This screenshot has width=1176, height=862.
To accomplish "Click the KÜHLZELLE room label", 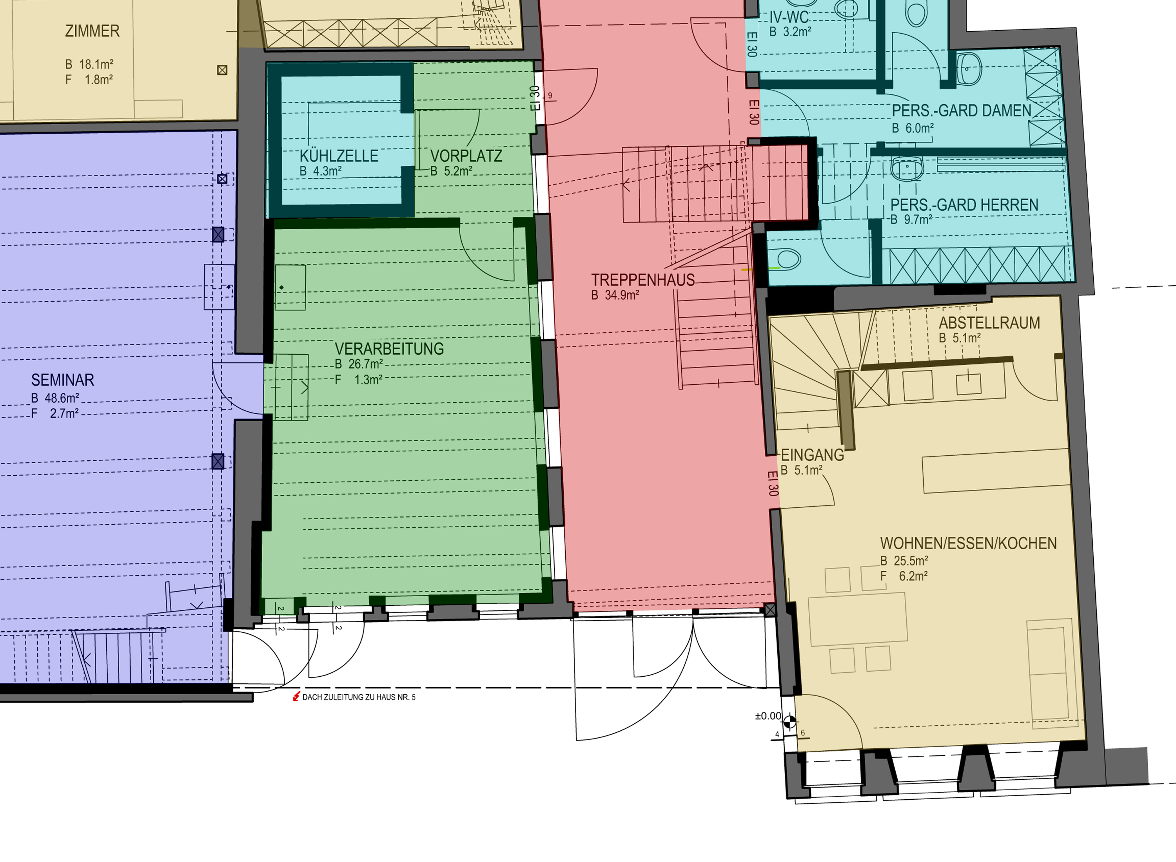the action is pyautogui.click(x=339, y=156).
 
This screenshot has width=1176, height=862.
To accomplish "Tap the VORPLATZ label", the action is pyautogui.click(x=466, y=156).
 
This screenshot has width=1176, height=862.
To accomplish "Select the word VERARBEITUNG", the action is pyautogui.click(x=389, y=349).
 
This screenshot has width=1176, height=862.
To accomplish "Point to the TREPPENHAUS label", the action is pyautogui.click(x=642, y=280).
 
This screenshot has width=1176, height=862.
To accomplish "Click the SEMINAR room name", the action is pyautogui.click(x=63, y=380).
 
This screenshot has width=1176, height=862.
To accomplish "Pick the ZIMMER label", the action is pyautogui.click(x=93, y=31).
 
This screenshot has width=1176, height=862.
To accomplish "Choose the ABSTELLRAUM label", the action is pyautogui.click(x=989, y=323).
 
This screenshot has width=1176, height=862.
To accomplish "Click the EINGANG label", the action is pyautogui.click(x=812, y=455).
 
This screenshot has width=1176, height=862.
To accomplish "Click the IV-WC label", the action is pyautogui.click(x=789, y=17).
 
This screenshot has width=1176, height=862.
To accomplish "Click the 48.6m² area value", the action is pyautogui.click(x=62, y=398).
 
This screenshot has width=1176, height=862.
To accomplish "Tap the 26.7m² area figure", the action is pyautogui.click(x=365, y=364).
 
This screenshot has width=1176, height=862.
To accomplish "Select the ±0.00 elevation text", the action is pyautogui.click(x=768, y=716).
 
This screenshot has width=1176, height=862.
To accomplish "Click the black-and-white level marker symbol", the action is pyautogui.click(x=790, y=722).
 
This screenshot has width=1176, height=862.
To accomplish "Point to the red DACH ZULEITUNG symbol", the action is pyautogui.click(x=296, y=697).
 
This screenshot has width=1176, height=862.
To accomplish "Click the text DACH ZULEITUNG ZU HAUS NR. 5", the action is pyautogui.click(x=359, y=697).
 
